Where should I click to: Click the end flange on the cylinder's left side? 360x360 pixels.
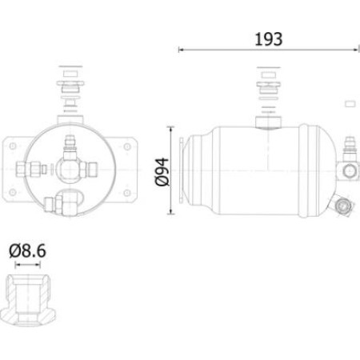click(x=189, y=170)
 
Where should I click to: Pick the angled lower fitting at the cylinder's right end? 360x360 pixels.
click(x=344, y=206)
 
